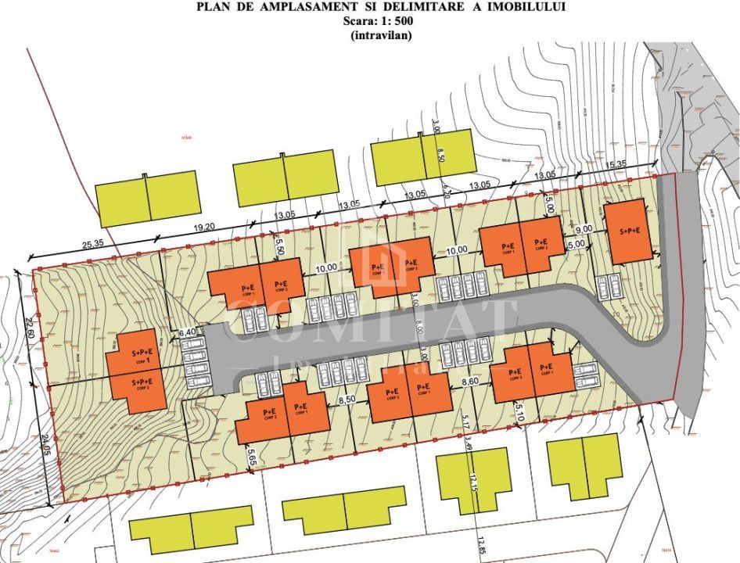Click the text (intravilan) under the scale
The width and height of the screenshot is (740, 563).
(370, 34)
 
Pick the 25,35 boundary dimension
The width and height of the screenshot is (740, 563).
(92, 244)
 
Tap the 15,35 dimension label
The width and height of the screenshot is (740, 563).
(617, 164)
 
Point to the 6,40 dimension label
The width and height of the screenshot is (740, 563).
(188, 332)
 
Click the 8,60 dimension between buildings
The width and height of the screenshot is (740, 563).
(470, 382)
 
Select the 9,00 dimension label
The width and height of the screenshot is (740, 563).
(583, 231)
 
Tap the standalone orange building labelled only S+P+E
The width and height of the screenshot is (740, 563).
(629, 231)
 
